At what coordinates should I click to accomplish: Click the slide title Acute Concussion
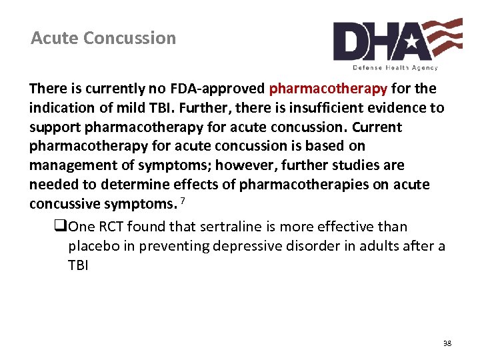point(103,38)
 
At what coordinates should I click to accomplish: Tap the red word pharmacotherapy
point(328,89)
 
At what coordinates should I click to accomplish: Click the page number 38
point(447,343)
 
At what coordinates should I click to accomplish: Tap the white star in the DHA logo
point(411,43)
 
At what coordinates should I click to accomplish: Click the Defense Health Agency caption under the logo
point(395,67)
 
